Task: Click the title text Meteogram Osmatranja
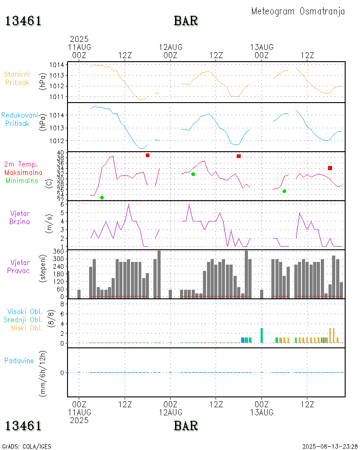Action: point(298,11)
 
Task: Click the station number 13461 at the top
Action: point(23,21)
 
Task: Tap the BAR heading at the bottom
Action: point(186,425)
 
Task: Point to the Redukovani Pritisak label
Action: point(19,119)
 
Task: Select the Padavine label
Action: point(19,360)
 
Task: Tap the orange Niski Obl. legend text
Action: point(27,328)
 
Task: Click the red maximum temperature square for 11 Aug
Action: point(148,155)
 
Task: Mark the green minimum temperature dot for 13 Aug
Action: point(284,191)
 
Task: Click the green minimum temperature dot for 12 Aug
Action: point(193,174)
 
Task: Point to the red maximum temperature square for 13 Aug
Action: point(330,168)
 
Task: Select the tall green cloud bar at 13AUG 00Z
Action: point(261,335)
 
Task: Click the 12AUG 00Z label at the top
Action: point(171,51)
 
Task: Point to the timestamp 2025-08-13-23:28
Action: point(330,446)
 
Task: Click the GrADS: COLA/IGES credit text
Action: point(27,446)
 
